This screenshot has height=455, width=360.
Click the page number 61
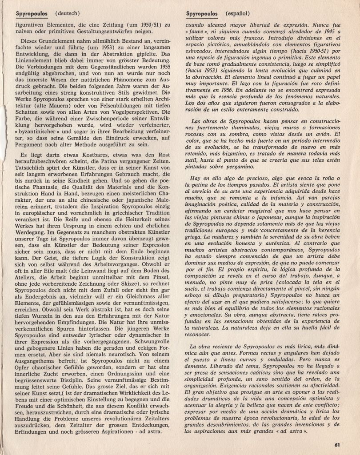click(x=337, y=444)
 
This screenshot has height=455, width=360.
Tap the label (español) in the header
click(x=238, y=14)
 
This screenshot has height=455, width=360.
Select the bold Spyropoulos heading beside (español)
click(x=202, y=14)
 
